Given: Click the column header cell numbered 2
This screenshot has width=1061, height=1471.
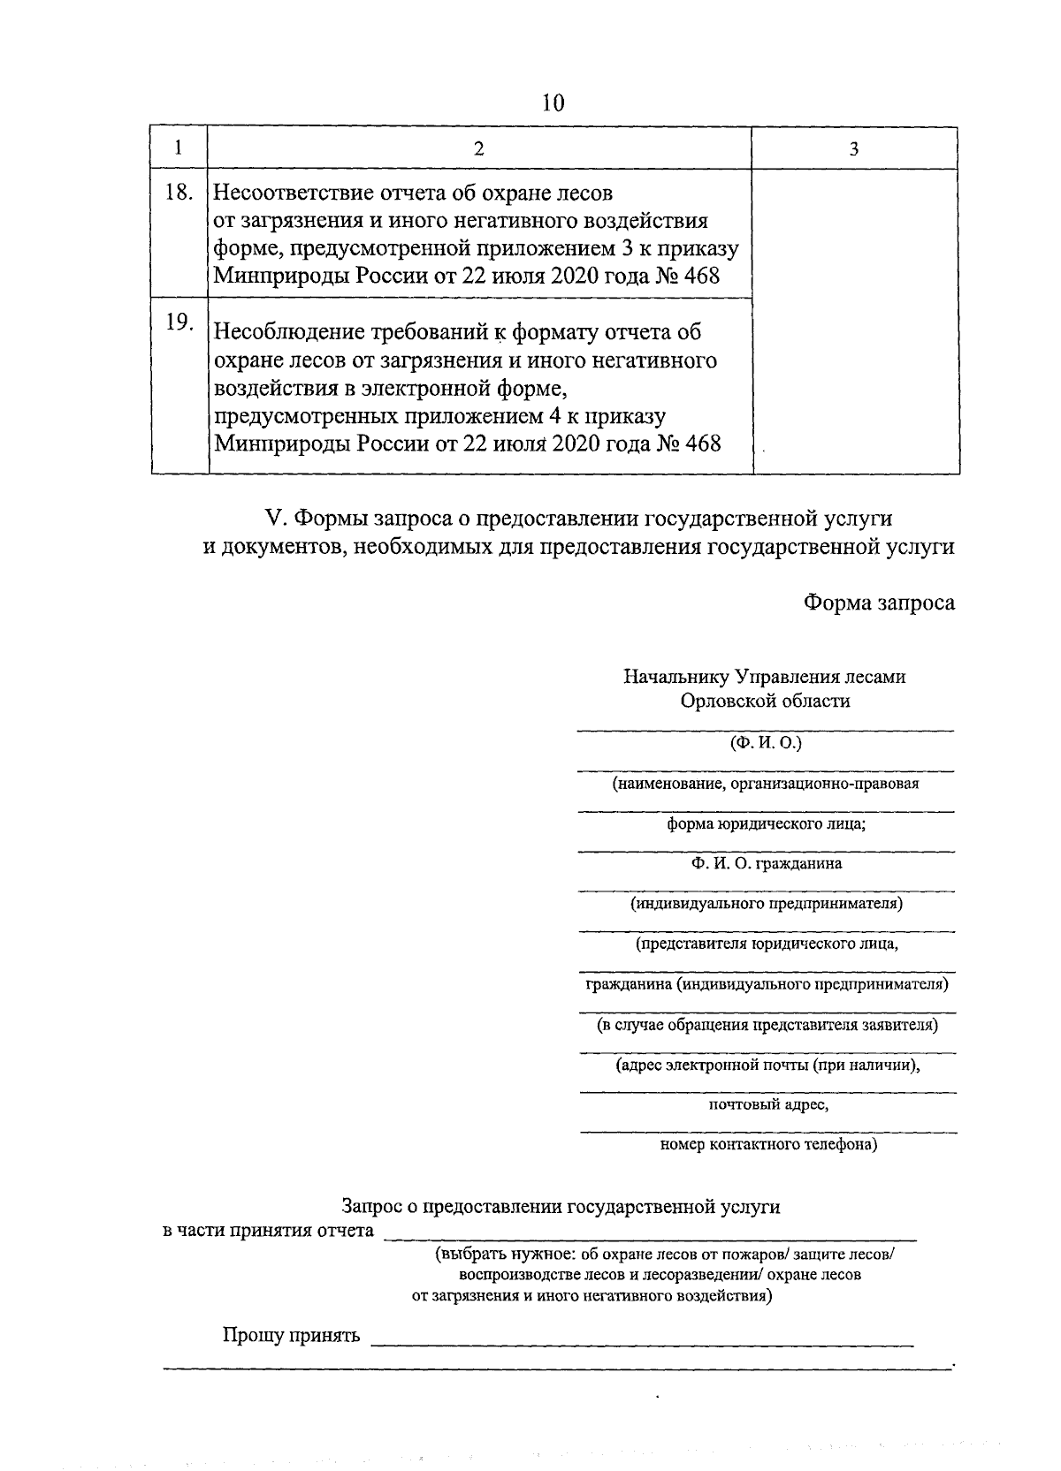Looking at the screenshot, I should point(478,148).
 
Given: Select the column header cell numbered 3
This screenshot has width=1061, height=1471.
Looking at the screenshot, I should point(854,148).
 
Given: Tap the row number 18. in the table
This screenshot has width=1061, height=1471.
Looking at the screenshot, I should point(179,192).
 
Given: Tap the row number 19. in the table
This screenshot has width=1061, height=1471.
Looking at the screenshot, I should point(179,322).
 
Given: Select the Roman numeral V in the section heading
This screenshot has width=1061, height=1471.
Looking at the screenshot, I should point(273,519).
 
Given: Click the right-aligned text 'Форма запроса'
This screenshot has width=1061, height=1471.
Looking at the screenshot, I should point(879,603).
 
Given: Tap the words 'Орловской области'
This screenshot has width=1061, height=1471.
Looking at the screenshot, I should point(765,701).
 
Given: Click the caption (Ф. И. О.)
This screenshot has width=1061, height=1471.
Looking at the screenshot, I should point(766,743).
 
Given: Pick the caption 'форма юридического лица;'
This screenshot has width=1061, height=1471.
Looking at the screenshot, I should point(766,823).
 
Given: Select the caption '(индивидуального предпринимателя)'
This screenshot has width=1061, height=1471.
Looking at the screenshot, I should point(766,904).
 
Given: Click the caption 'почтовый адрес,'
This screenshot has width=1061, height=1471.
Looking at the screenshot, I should point(767,1104).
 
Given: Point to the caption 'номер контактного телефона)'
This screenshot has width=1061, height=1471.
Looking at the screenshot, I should point(768,1145).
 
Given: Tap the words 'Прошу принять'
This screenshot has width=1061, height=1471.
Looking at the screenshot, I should point(291,1335).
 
